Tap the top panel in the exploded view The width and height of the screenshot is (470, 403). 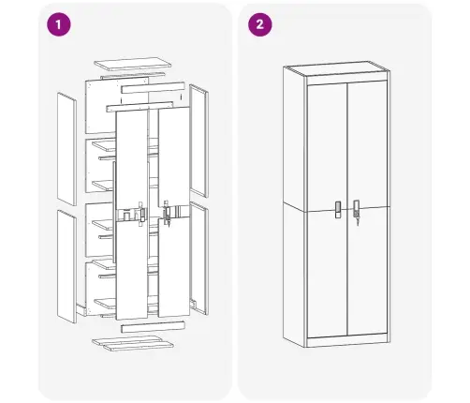[x=134, y=67]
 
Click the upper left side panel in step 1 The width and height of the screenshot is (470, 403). [x=66, y=148]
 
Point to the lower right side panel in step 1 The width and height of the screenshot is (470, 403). [x=198, y=258]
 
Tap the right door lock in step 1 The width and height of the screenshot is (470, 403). [x=168, y=214]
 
